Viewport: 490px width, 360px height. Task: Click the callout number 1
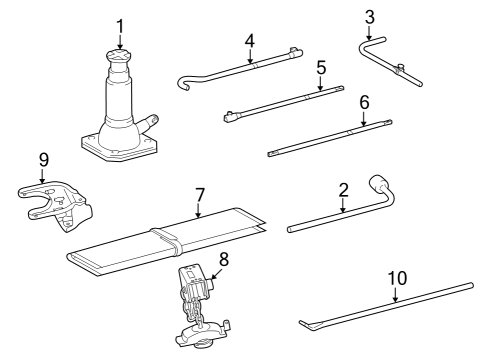[x=120, y=24]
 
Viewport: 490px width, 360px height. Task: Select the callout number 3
[x=370, y=16]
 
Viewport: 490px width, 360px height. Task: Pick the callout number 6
[x=364, y=103]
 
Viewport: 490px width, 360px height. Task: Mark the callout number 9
[x=42, y=159]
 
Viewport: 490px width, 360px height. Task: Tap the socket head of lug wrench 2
[x=380, y=185]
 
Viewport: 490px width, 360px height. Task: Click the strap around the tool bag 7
[x=165, y=240]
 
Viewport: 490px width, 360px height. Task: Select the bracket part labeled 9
[x=60, y=205]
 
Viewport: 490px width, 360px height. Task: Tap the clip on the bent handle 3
[x=400, y=70]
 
